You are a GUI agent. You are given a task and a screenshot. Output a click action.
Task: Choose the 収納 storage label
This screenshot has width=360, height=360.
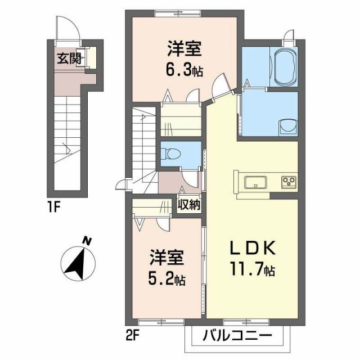point(190,204)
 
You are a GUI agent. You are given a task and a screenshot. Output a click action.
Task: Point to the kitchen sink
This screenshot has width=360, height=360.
point(256,181)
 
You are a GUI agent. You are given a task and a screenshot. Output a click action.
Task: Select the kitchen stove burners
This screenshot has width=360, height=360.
point(290,181)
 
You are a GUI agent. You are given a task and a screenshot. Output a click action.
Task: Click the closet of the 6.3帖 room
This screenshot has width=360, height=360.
point(181,123)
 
